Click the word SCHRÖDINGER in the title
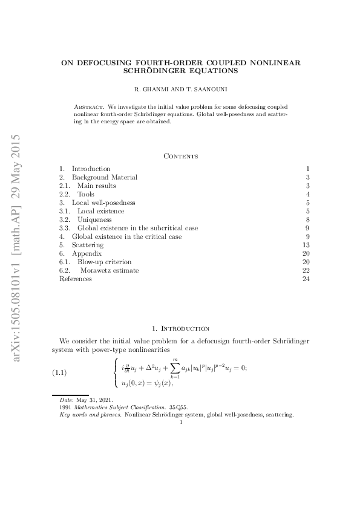tap(150, 71)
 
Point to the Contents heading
tap(181, 156)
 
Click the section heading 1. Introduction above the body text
tap(181, 328)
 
